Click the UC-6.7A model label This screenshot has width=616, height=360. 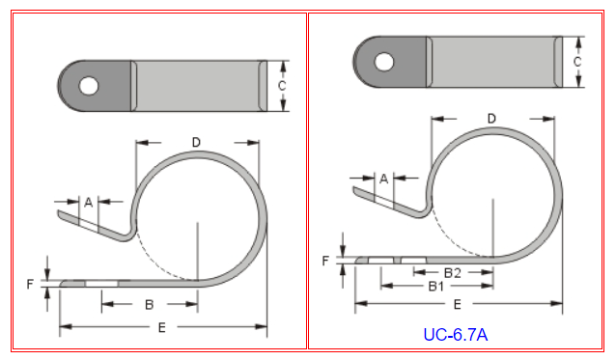pyautogui.click(x=456, y=335)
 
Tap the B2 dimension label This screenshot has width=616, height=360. pyautogui.click(x=452, y=273)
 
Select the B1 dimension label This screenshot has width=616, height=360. pyautogui.click(x=436, y=287)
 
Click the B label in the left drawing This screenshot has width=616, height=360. pyautogui.click(x=149, y=305)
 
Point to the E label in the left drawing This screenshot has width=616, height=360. pyautogui.click(x=161, y=327)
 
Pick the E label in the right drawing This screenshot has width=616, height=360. pyautogui.click(x=457, y=304)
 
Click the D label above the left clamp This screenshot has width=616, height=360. pyautogui.click(x=196, y=142)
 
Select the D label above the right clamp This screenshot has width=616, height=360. pyautogui.click(x=491, y=119)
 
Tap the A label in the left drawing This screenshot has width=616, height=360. pyautogui.click(x=89, y=203)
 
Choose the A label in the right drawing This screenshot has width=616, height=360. pyautogui.click(x=384, y=179)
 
